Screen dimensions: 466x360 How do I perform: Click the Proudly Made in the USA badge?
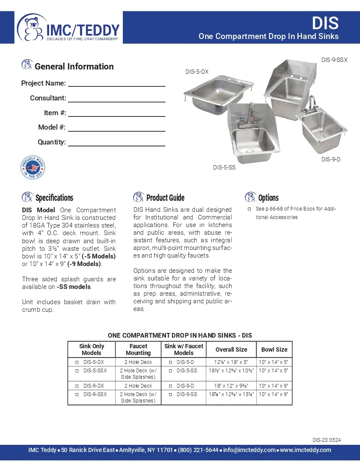tap(33, 168)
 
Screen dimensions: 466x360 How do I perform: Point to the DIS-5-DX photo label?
tap(197, 72)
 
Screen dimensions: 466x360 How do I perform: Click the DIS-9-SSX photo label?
tap(334, 60)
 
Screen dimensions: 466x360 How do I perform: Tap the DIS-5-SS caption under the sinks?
tap(224, 168)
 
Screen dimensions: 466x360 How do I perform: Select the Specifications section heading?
tap(54, 198)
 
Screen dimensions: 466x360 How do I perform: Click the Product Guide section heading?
tap(165, 198)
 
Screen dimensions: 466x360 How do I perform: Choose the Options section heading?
tap(268, 198)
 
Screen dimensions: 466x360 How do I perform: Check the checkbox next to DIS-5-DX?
tap(77, 363)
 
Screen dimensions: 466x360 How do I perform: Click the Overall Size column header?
tap(231, 349)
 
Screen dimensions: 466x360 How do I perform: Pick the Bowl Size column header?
tap(274, 349)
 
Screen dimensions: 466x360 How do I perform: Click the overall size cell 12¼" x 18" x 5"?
tap(231, 362)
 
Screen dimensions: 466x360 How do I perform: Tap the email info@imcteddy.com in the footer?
tap(249, 450)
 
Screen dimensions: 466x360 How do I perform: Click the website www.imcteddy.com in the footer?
tap(305, 450)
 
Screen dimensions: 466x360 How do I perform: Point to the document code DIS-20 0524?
tap(327, 440)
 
